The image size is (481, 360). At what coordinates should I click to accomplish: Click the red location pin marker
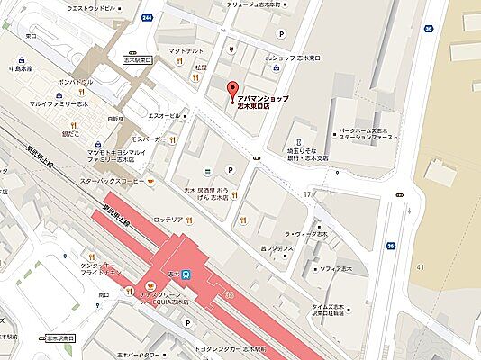[232, 91]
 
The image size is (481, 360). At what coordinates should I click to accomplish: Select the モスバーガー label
[145, 140]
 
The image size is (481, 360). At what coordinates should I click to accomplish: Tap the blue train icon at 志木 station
[186, 274]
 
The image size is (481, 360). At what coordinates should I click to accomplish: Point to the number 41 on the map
[420, 267]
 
